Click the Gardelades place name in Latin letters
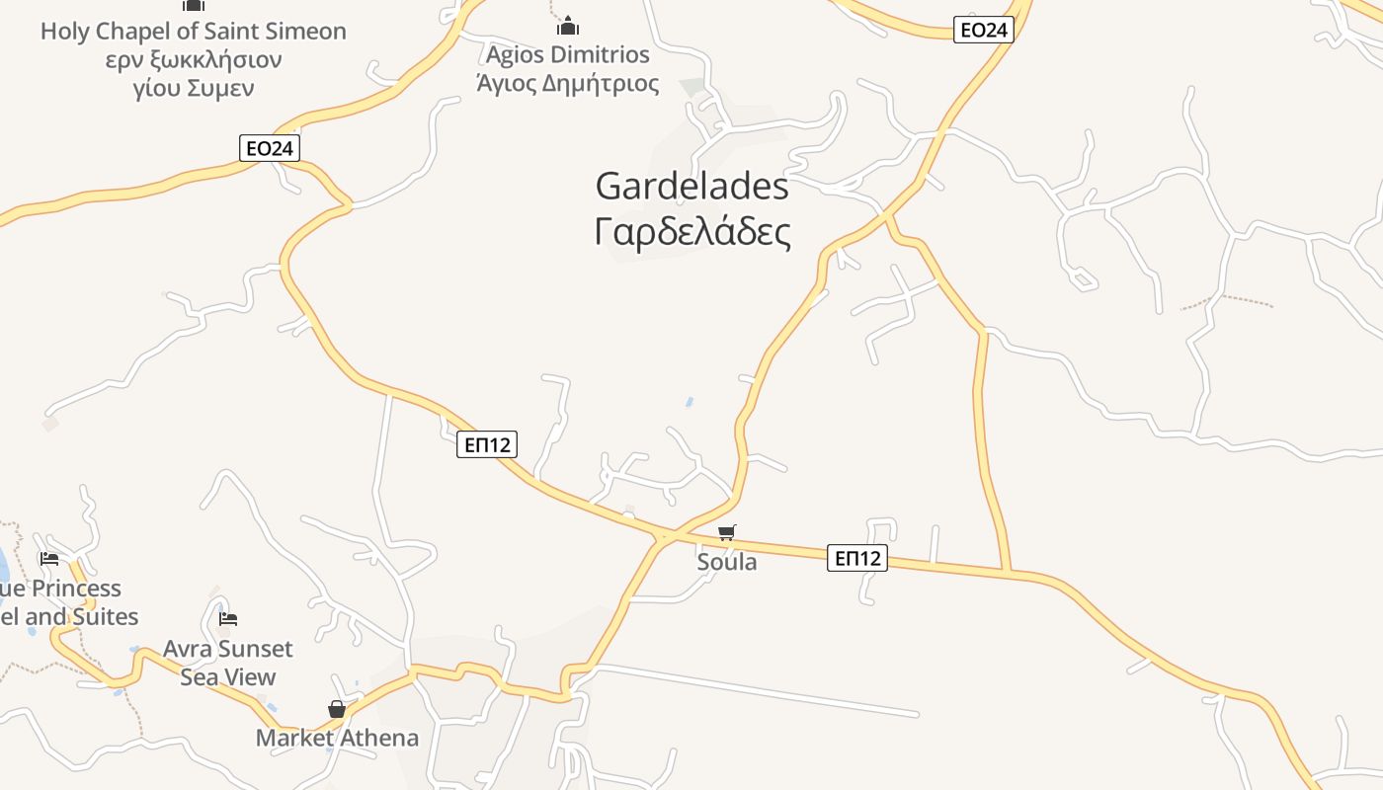(691, 186)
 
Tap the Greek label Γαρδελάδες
(692, 233)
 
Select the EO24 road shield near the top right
(984, 31)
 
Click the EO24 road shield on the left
(269, 148)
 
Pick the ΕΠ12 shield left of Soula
(488, 445)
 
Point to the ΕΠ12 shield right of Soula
(857, 559)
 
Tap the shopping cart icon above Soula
(727, 533)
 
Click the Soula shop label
(727, 563)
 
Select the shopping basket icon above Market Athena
(337, 709)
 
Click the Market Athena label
(337, 738)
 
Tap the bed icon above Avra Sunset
(228, 619)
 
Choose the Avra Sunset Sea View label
(228, 663)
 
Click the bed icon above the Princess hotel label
(49, 559)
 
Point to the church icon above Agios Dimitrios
(568, 26)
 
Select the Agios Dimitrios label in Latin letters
(568, 53)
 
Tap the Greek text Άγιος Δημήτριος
(568, 83)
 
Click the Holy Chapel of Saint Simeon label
(194, 32)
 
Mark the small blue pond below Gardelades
(689, 402)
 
